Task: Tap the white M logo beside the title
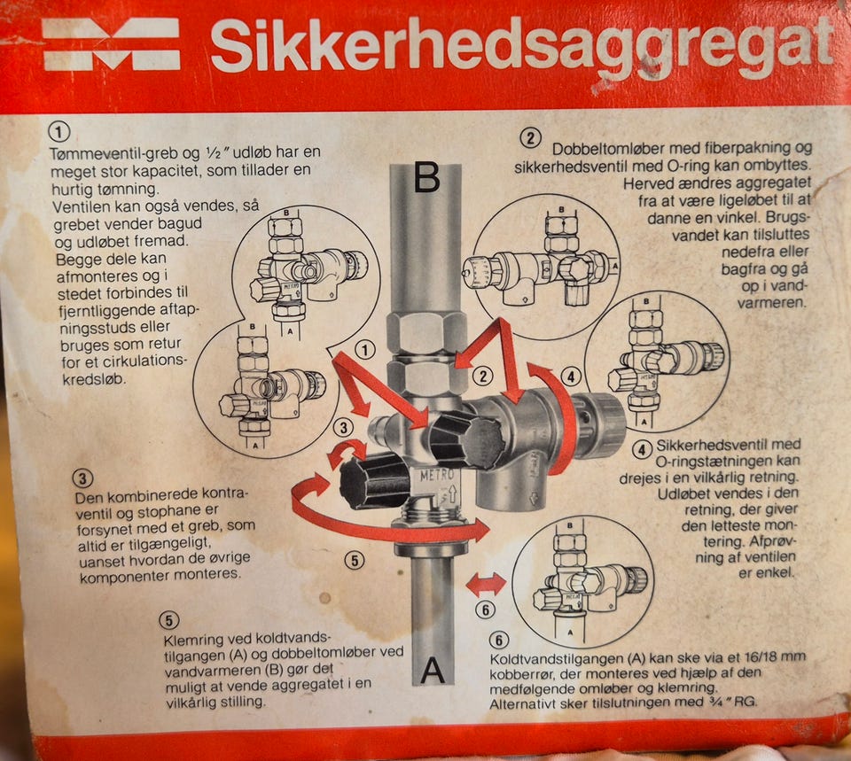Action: point(112,44)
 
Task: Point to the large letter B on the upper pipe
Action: point(426,176)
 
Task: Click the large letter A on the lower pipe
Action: point(433,671)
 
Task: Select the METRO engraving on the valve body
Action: point(436,476)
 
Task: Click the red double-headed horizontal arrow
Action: point(486,584)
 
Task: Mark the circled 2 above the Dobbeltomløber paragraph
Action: point(530,138)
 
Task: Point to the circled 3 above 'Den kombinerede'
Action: point(82,478)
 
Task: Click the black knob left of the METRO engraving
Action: point(374,481)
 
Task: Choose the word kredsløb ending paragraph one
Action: point(94,378)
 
